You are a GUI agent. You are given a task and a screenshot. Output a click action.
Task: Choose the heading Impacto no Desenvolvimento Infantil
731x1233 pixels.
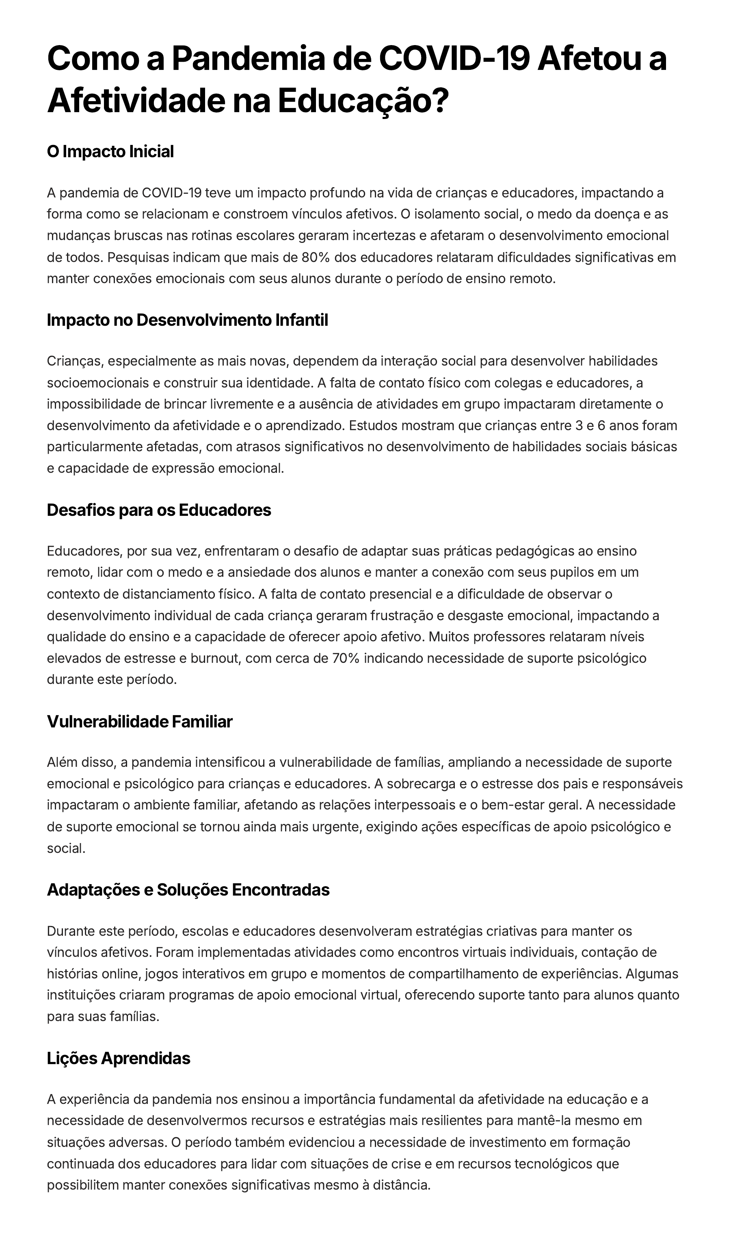coord(187,320)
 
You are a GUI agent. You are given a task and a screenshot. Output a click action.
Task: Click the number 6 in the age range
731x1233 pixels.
coord(601,425)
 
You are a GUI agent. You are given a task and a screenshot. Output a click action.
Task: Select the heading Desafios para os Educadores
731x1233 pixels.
coord(159,510)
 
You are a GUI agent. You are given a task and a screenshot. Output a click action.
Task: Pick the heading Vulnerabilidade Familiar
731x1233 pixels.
coord(139,722)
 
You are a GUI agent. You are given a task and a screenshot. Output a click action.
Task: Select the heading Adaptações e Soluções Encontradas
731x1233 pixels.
coord(188,890)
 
